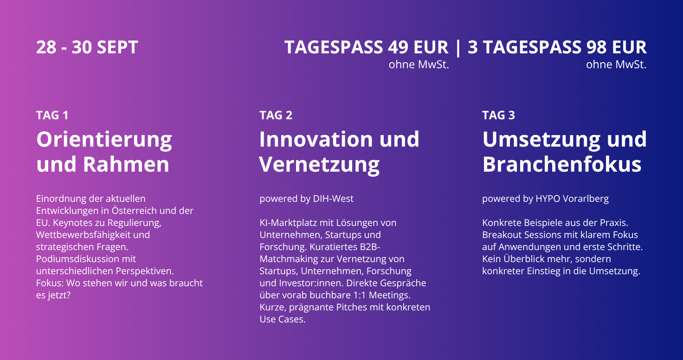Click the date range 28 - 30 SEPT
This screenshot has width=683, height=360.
click(87, 47)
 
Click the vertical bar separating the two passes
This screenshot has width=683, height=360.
click(458, 48)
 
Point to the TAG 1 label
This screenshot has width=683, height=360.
click(52, 115)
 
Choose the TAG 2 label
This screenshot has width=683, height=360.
click(276, 115)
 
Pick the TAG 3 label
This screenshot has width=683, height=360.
click(498, 115)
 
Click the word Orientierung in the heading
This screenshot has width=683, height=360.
click(104, 140)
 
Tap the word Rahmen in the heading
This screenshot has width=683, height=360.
click(126, 164)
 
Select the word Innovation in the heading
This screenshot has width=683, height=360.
click(315, 139)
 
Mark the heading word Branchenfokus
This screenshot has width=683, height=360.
click(562, 164)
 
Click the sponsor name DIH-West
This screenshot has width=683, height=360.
click(333, 199)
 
